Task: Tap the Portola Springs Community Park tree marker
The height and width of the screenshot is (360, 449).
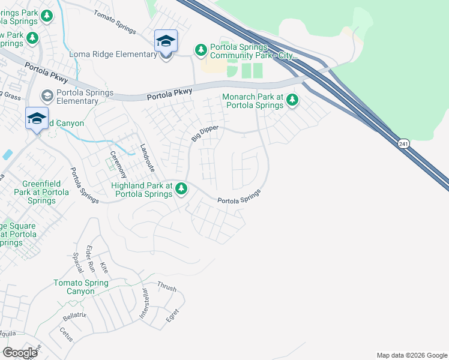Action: (x=200, y=49)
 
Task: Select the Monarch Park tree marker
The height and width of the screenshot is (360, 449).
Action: (x=292, y=100)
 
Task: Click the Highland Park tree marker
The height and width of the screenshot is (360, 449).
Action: (x=181, y=190)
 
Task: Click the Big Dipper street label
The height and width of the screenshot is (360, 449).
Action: (x=204, y=133)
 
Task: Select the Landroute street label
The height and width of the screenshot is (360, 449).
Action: (x=146, y=158)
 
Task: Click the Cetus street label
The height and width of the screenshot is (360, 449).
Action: (x=65, y=334)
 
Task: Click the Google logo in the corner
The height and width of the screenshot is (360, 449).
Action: (x=20, y=353)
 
